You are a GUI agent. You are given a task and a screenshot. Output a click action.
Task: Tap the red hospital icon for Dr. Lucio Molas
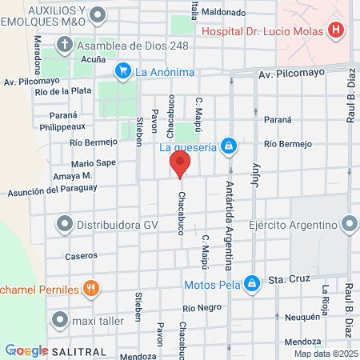pyautogui.click(x=336, y=30)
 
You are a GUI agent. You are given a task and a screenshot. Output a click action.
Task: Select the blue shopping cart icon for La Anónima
pyautogui.click(x=122, y=71)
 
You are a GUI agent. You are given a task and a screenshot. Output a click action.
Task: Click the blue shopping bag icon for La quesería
pyautogui.click(x=230, y=146)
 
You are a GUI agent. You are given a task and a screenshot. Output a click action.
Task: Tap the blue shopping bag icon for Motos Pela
pyautogui.click(x=252, y=283)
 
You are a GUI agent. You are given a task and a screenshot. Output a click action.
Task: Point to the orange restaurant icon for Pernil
pyautogui.click(x=92, y=288)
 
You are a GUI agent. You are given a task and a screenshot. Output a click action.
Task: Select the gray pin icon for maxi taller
pyautogui.click(x=60, y=321)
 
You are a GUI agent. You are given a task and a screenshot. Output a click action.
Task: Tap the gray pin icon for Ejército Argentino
pyautogui.click(x=349, y=223)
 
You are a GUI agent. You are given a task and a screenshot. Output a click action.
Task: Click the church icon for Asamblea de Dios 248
pyautogui.click(x=65, y=45)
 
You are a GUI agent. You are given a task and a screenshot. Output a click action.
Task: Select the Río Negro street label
pyautogui.click(x=201, y=308)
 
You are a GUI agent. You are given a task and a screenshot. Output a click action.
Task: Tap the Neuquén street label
pyautogui.click(x=302, y=317)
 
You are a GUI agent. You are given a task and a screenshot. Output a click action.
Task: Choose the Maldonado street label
pyautogui.click(x=224, y=12)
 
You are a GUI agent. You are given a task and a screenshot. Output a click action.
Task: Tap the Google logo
pyautogui.click(x=26, y=350)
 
